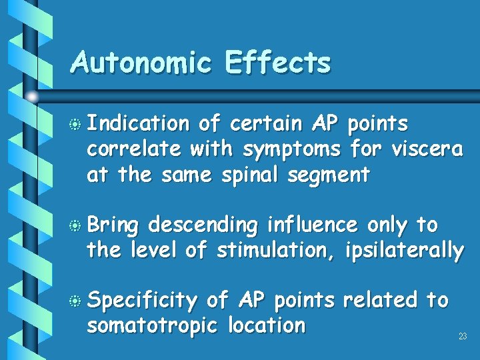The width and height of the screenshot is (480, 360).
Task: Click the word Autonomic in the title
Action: pyautogui.click(x=141, y=63)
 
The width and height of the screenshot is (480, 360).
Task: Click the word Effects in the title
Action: pyautogui.click(x=278, y=63)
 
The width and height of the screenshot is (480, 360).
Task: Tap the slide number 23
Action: pyautogui.click(x=463, y=337)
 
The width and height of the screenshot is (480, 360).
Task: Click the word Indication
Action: pyautogui.click(x=139, y=124)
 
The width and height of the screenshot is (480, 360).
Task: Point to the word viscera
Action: pyautogui.click(x=427, y=149)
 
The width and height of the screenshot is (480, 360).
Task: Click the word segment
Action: pyautogui.click(x=333, y=176)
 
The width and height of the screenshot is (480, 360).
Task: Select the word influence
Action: pyautogui.click(x=311, y=225)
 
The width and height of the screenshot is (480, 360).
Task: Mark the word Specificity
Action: pyautogui.click(x=143, y=301)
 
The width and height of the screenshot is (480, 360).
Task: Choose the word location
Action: pyautogui.click(x=267, y=326)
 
